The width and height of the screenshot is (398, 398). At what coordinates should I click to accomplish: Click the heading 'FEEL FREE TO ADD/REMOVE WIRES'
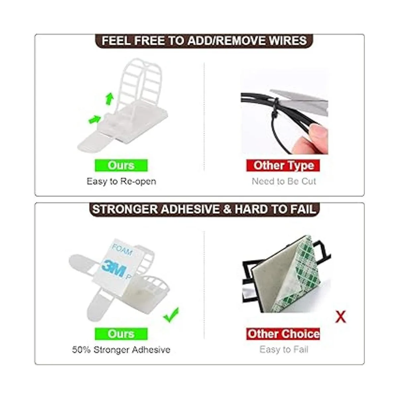click(204, 40)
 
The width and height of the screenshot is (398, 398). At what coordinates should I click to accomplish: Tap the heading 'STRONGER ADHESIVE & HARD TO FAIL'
click(204, 209)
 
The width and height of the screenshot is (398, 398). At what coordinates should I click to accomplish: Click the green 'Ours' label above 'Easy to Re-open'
click(121, 165)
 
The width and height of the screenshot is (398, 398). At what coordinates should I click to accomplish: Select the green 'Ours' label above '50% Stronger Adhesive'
click(121, 334)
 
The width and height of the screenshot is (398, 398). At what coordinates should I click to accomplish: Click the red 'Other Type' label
click(283, 165)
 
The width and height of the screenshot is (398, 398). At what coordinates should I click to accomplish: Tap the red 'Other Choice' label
click(283, 334)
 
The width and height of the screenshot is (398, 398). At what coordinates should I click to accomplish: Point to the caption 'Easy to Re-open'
click(121, 181)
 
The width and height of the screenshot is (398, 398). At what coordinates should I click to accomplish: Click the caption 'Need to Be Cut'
click(284, 181)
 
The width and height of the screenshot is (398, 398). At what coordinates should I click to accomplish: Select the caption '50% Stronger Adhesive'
click(121, 350)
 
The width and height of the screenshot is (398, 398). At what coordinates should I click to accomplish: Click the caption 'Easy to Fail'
click(284, 350)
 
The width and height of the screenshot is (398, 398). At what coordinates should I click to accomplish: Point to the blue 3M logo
click(114, 269)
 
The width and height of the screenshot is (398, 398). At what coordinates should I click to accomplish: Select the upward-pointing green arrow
click(109, 99)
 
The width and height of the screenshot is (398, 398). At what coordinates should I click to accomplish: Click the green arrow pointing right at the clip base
click(95, 119)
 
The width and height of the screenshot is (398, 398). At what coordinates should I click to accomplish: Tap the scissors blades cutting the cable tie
click(299, 101)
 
